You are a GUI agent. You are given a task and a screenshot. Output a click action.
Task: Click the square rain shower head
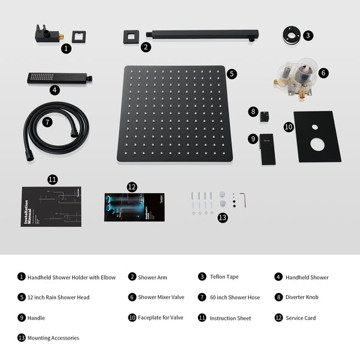click(x=174, y=114)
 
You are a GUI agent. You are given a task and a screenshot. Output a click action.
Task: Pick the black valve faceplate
click(x=317, y=136)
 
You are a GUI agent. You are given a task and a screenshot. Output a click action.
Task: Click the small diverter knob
click(x=265, y=118)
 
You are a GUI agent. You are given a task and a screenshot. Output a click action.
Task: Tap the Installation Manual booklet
click(x=51, y=206)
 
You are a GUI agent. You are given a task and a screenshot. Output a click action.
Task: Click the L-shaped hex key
click(x=242, y=199)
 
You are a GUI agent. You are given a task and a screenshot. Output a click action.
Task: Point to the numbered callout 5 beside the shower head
click(x=232, y=74)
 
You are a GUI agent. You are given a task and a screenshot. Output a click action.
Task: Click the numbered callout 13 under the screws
click(x=223, y=218)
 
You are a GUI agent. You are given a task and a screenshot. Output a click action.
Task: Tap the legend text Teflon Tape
click(x=224, y=277)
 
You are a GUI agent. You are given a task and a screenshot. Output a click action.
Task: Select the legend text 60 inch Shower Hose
click(x=235, y=298)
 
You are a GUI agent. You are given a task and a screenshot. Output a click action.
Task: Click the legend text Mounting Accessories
click(x=53, y=338)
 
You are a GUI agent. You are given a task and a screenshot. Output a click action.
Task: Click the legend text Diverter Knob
click(x=304, y=298)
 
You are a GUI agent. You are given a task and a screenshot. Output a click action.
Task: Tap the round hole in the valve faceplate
click(x=317, y=145)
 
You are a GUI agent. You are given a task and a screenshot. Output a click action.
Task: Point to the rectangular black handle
click(x=267, y=148)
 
